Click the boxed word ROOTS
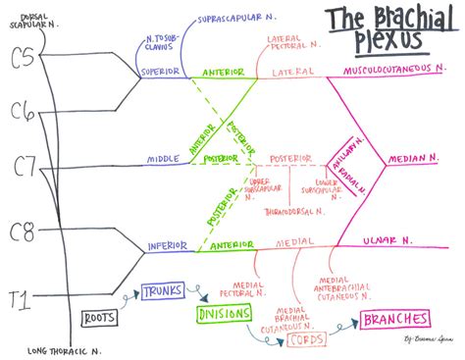click(x=100, y=318)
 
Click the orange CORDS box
click(x=306, y=339)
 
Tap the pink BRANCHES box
click(x=395, y=319)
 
